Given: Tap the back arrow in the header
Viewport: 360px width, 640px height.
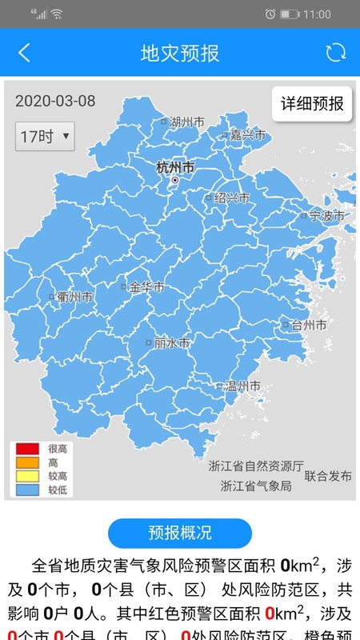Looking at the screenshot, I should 24,53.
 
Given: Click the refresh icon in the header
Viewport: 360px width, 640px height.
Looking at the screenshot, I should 335,53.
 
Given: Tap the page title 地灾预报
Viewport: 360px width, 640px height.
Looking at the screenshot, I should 180,54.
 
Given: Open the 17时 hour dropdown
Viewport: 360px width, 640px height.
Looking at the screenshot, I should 44,136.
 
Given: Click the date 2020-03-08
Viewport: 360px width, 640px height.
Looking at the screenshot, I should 55,101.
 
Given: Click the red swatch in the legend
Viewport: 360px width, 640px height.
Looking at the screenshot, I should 26,450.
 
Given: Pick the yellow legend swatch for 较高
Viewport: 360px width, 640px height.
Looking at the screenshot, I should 26,476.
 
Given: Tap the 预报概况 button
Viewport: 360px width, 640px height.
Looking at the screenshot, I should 180,533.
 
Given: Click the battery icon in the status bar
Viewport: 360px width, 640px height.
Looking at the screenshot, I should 290,14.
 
